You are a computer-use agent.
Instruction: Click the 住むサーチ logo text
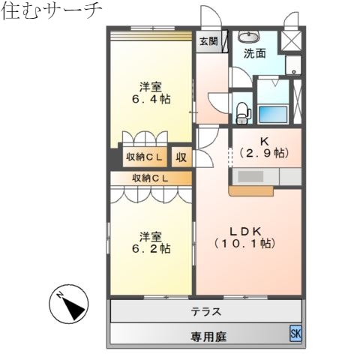click(51, 12)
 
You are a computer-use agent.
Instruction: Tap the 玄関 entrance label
click(208, 42)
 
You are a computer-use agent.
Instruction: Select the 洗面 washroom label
click(254, 53)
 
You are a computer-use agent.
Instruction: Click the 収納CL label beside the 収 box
click(144, 157)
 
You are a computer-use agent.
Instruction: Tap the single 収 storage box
click(181, 157)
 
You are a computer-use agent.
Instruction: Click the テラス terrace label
click(205, 310)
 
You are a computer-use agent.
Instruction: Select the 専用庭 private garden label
click(205, 334)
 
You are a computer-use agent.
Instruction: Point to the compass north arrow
click(69, 305)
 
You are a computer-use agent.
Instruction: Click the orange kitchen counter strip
click(252, 191)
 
